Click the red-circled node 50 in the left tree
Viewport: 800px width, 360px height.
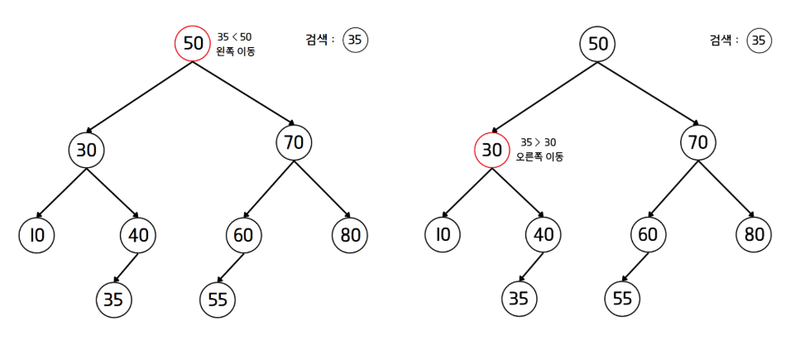tap(193, 43)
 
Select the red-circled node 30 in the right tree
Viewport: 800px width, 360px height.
tap(491, 151)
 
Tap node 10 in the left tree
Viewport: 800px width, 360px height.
tap(36, 236)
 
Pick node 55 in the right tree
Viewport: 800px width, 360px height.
tap(622, 299)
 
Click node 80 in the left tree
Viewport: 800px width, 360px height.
tap(350, 236)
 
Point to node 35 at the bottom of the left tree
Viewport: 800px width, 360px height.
tap(113, 300)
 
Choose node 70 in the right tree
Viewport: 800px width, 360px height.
tap(698, 142)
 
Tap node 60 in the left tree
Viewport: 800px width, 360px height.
tap(243, 236)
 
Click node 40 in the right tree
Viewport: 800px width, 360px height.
tap(543, 236)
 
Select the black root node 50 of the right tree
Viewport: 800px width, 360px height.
tap(596, 43)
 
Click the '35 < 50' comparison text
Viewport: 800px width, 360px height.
tap(234, 36)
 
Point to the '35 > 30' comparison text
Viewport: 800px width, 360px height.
tap(539, 142)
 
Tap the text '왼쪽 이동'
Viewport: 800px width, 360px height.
tap(235, 51)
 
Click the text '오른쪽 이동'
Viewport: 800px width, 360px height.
tap(539, 156)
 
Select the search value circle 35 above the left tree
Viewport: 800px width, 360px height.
tap(355, 40)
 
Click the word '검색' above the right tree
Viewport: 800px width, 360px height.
tap(721, 40)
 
